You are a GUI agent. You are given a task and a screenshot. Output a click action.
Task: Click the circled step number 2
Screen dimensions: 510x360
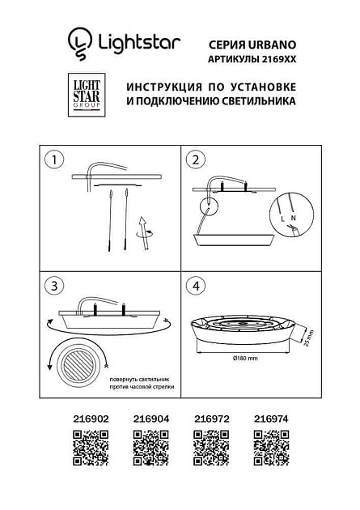195,159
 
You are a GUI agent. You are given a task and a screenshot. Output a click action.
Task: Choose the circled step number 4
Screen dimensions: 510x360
195,286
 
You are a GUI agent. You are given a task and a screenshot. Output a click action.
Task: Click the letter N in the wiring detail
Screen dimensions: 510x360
293,219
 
